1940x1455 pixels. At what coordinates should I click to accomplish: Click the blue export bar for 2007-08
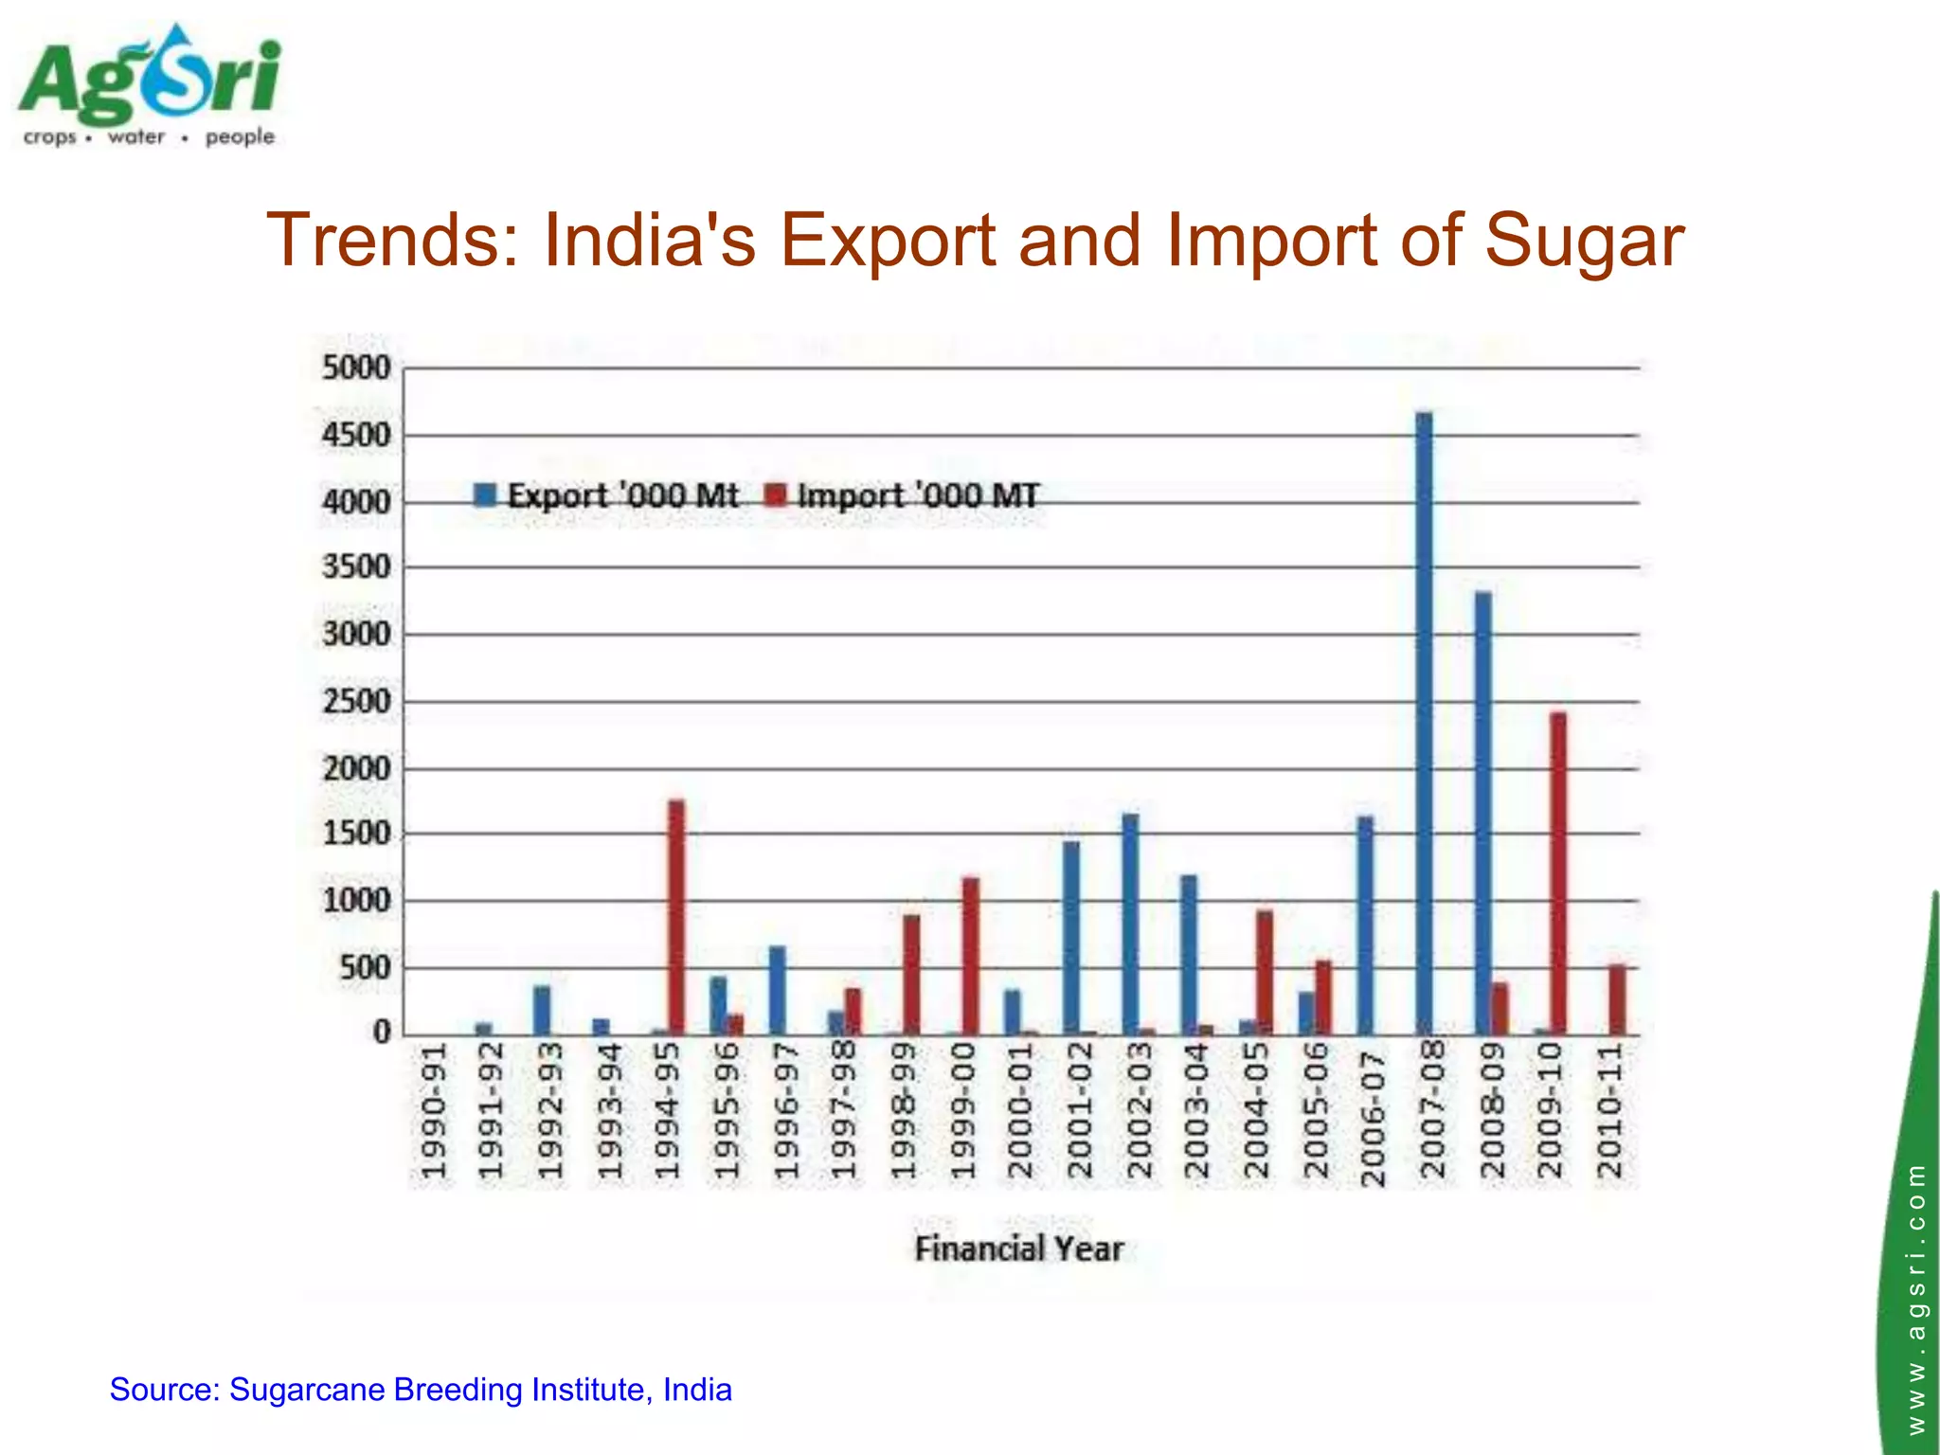pyautogui.click(x=1424, y=720)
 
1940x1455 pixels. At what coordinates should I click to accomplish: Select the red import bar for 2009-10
pyautogui.click(x=1558, y=871)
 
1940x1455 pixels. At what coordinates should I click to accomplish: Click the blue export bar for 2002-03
pyautogui.click(x=1130, y=924)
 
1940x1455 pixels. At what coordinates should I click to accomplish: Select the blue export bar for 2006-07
pyautogui.click(x=1365, y=925)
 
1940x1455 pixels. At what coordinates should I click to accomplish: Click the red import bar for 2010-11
pyautogui.click(x=1617, y=999)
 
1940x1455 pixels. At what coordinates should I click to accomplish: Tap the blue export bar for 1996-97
pyautogui.click(x=777, y=989)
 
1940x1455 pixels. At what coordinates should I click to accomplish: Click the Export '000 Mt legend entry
pyautogui.click(x=607, y=495)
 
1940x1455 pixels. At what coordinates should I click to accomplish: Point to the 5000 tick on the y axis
pyautogui.click(x=356, y=367)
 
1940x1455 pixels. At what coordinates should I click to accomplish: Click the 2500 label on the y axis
pyautogui.click(x=356, y=702)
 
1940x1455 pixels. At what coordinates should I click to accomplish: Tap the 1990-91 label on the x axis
pyautogui.click(x=432, y=1110)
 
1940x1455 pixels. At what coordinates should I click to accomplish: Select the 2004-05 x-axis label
pyautogui.click(x=1256, y=1110)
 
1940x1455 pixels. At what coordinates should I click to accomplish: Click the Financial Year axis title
pyautogui.click(x=1018, y=1248)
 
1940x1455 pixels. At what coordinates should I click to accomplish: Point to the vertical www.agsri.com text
pyautogui.click(x=1916, y=1298)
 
